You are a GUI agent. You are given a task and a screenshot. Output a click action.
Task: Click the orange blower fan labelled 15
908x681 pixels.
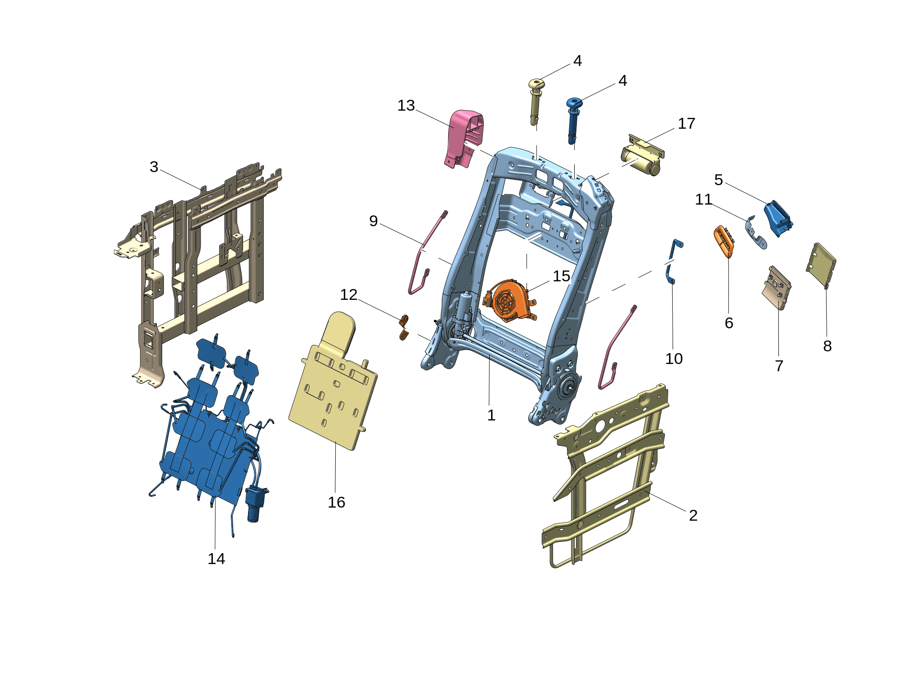tap(510, 301)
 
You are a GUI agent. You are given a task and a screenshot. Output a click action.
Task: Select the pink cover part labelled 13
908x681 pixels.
tap(463, 138)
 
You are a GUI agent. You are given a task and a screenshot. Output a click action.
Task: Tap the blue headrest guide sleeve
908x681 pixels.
tap(573, 120)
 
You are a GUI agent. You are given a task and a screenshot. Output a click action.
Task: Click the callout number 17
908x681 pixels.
tap(686, 123)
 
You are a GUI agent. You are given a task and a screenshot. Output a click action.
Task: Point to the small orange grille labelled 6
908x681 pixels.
tap(724, 241)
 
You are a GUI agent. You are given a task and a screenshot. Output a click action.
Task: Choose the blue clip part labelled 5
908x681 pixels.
tap(778, 219)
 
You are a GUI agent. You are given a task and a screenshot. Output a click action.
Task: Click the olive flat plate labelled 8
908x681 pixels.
tap(821, 265)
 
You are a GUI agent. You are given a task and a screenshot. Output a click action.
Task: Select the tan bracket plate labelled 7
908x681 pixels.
tap(777, 288)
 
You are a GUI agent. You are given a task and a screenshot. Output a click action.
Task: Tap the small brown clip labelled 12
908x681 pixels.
tap(404, 327)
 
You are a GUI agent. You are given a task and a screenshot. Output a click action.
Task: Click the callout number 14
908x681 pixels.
tap(216, 559)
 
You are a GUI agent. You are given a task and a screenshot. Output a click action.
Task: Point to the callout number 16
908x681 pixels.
tap(337, 502)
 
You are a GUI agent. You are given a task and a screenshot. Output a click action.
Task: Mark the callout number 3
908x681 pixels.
tap(154, 167)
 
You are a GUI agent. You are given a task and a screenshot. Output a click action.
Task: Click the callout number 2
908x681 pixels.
tap(693, 515)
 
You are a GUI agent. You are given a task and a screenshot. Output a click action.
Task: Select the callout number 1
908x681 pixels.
tap(491, 415)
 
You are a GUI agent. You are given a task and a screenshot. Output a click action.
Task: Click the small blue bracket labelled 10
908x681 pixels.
tap(673, 262)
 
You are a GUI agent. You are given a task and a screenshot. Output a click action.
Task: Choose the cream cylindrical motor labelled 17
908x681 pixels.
tap(641, 156)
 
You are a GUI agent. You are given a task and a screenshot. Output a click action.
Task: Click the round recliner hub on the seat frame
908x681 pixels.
tap(568, 387)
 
